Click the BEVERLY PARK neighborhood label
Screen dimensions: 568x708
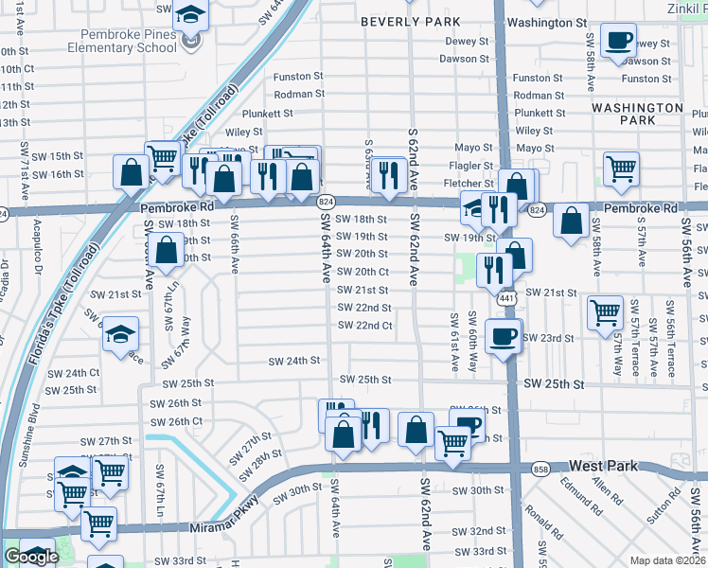tap(410, 21)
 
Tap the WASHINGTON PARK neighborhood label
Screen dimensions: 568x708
tap(637, 115)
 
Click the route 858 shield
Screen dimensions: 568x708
tap(540, 469)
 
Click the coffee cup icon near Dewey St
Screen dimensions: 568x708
tap(618, 42)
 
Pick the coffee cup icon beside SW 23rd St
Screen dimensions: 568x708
tap(503, 335)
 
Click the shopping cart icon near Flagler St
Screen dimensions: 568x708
tap(621, 169)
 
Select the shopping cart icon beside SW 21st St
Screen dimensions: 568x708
tap(605, 312)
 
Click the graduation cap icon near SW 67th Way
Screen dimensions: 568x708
tap(121, 334)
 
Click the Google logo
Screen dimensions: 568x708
tap(31, 557)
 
